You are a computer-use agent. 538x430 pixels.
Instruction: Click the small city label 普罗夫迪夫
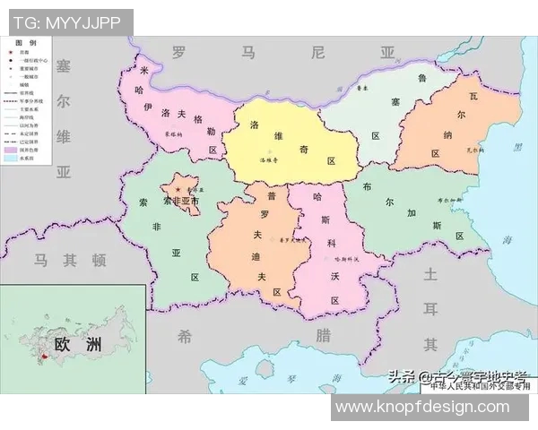point(292,240)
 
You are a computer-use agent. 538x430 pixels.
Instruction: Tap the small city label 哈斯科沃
point(345,259)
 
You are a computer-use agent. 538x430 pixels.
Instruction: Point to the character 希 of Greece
point(185,336)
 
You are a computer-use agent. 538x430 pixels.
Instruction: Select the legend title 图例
point(27,43)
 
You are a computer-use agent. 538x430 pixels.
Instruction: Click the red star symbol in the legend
point(12,54)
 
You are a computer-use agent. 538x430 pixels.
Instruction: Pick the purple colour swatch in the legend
point(12,149)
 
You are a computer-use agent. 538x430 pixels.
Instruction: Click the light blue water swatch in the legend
point(12,159)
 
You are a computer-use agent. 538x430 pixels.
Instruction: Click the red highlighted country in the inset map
point(41,360)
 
